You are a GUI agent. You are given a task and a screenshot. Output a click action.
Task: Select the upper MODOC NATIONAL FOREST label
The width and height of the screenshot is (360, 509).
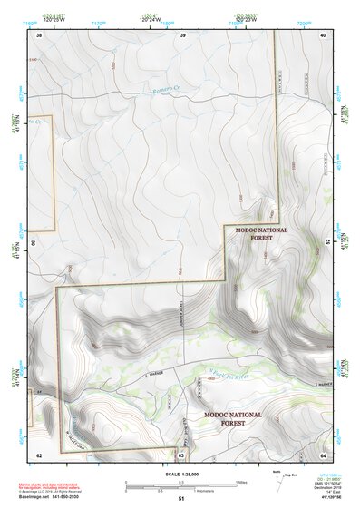click(x=261, y=234)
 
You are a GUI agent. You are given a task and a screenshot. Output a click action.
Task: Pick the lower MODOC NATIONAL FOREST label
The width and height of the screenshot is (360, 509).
click(x=232, y=419)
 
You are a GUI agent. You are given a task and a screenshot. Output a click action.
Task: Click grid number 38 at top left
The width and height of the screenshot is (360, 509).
click(x=39, y=34)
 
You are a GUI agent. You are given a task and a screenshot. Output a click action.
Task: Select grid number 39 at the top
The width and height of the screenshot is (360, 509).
click(x=183, y=34)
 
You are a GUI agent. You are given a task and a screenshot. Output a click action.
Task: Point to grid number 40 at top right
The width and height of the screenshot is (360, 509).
click(x=323, y=34)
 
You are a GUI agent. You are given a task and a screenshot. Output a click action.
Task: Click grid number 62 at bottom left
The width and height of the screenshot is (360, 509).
click(x=39, y=454)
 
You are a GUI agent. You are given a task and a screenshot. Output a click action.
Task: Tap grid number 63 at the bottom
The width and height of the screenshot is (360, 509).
click(x=181, y=454)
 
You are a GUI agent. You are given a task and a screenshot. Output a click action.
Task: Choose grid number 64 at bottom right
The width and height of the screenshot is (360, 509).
click(x=323, y=454)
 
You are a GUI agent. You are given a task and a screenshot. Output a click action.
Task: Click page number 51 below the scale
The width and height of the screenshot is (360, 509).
click(x=181, y=499)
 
